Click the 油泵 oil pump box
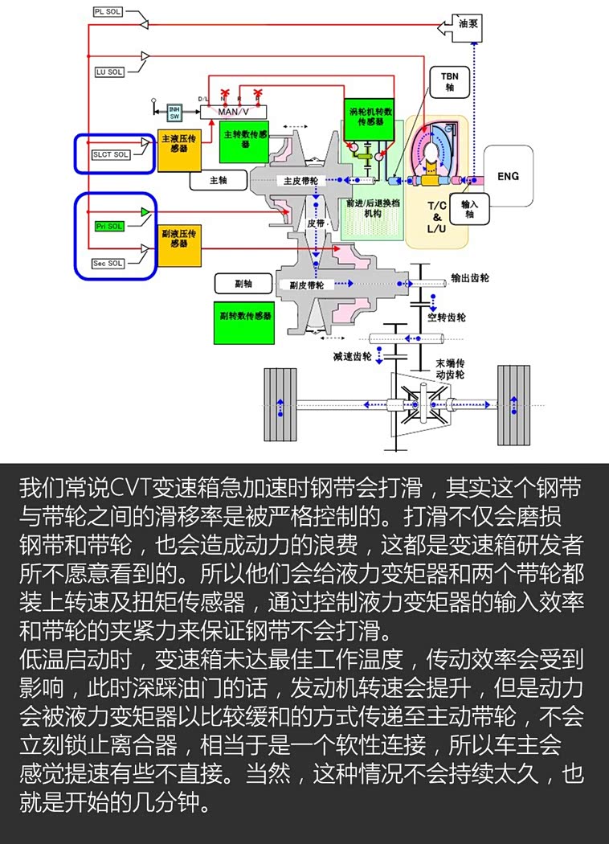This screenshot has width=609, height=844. (x=468, y=25)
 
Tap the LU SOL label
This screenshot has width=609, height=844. (x=109, y=72)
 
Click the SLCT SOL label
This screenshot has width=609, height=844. (x=110, y=154)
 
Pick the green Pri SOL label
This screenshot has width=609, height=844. (x=109, y=227)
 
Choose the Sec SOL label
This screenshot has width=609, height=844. (x=108, y=263)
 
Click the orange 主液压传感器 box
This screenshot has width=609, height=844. (x=178, y=149)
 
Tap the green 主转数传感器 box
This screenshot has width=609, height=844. (x=244, y=138)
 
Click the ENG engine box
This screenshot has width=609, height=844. (x=508, y=176)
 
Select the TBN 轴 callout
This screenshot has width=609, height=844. (x=449, y=81)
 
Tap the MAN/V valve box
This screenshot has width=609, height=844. (x=233, y=112)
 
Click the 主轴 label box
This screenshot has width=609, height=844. (x=218, y=181)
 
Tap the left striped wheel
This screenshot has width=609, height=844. (x=280, y=403)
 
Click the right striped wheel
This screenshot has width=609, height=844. (x=513, y=403)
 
